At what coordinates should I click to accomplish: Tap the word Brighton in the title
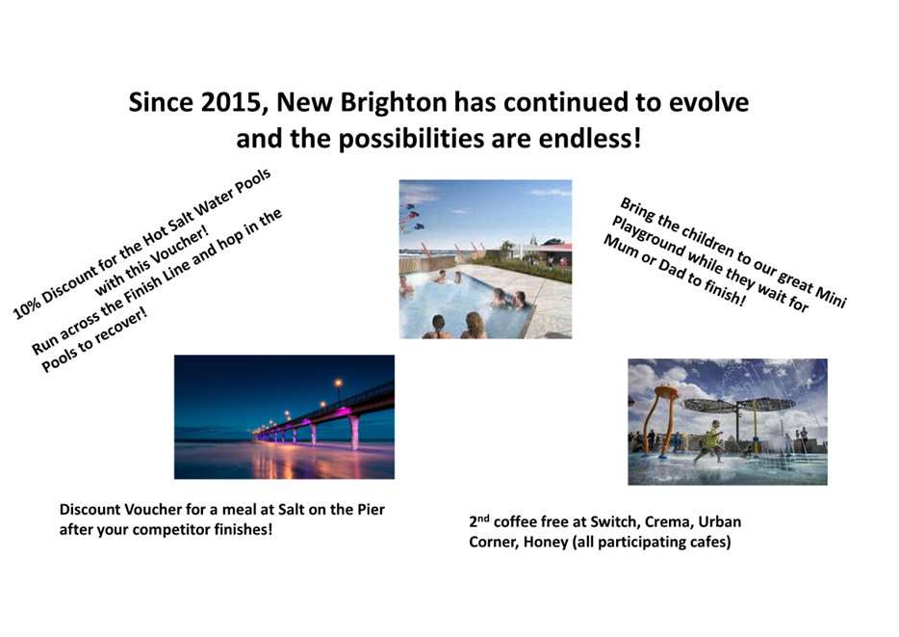click(394, 103)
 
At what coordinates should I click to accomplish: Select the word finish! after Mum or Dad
click(726, 293)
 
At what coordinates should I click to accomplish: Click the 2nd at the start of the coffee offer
click(478, 521)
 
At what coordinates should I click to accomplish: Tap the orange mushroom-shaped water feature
click(661, 420)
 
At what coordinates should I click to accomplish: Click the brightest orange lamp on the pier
click(338, 383)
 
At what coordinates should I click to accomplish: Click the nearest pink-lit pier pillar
click(354, 431)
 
